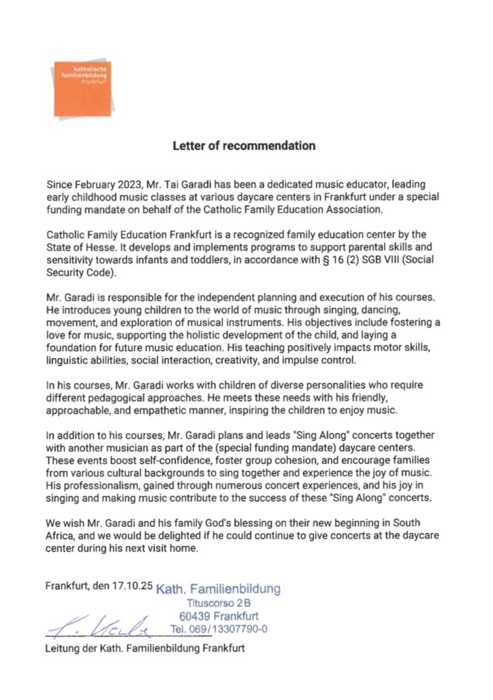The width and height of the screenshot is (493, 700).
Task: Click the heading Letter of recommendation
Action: pos(243,146)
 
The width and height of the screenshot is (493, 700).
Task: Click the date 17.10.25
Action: pos(134,586)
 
